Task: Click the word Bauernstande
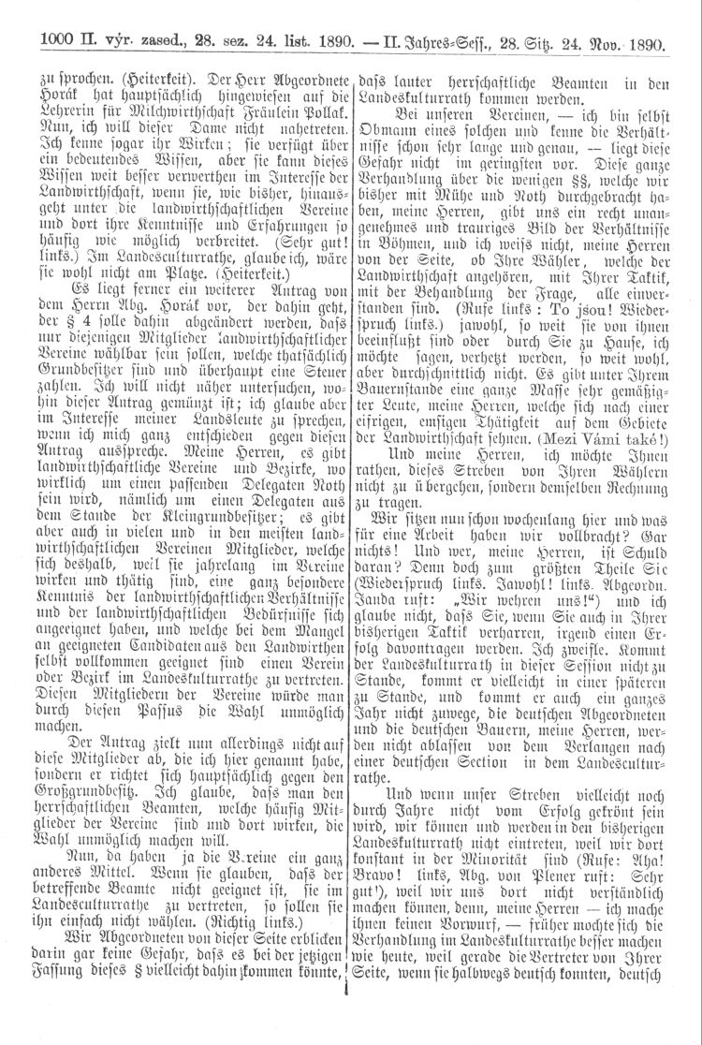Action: coord(410,381)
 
